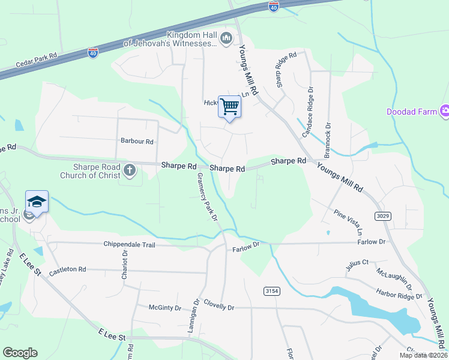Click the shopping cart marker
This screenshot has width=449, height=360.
[x=229, y=107]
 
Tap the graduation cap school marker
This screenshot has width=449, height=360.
[x=37, y=202]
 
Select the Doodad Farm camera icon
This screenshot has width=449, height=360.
[x=445, y=110]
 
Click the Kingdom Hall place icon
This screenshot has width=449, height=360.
[x=226, y=39]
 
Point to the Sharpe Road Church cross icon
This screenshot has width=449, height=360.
[x=129, y=170]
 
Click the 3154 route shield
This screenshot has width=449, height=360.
[x=271, y=291]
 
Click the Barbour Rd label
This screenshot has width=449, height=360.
[x=137, y=142]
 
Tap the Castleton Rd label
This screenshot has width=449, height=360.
[x=68, y=270]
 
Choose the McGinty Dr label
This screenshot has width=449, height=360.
[x=165, y=308]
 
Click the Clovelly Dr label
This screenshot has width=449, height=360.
[x=218, y=305]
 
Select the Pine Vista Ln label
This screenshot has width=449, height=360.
[x=349, y=222]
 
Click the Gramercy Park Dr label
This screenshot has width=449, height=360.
[x=206, y=197]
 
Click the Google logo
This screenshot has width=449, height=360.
[x=20, y=353]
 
